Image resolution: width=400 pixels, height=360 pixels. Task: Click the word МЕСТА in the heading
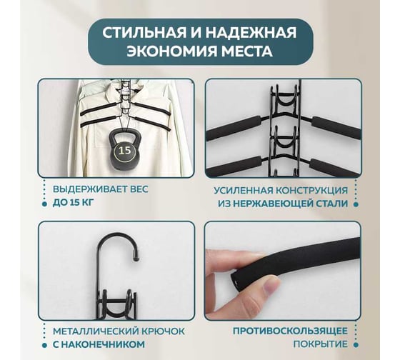click(246, 51)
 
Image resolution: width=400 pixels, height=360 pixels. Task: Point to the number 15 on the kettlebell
click(125, 150)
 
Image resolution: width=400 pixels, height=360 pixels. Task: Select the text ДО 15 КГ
click(73, 203)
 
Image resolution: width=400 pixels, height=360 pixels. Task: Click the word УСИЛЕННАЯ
click(242, 191)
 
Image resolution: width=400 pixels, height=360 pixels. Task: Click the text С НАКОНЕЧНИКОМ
click(99, 344)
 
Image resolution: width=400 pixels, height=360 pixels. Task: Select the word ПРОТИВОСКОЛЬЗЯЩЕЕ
click(290, 331)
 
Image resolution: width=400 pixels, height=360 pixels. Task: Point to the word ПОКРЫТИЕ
click(321, 344)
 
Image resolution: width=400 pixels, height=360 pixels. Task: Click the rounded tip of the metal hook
click(136, 259)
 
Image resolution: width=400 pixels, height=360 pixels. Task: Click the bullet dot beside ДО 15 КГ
click(44, 204)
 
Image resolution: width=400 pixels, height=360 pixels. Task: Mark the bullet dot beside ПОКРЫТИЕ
click(356, 345)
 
